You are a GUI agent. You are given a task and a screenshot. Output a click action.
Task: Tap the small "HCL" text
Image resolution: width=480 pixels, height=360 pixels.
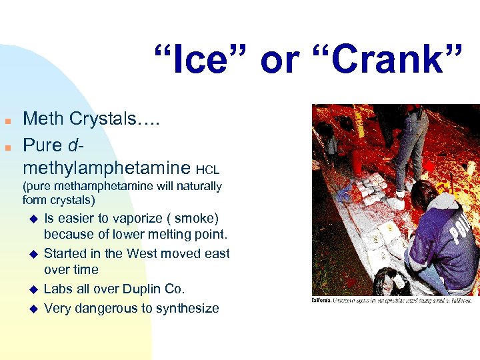208,171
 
